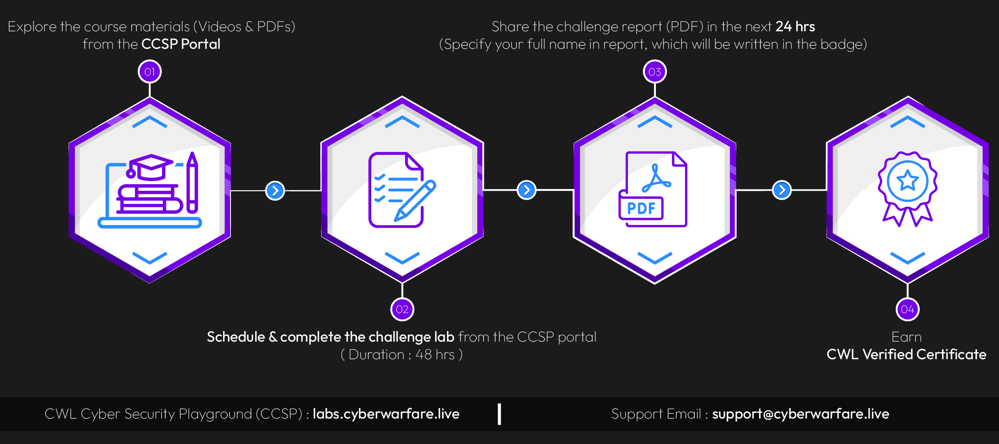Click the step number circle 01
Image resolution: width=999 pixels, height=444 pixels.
click(150, 72)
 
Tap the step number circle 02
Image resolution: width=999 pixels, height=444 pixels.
click(402, 309)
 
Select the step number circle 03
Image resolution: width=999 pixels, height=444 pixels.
click(655, 72)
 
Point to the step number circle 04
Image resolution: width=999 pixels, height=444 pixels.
click(908, 309)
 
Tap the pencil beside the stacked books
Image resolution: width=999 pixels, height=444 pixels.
click(192, 182)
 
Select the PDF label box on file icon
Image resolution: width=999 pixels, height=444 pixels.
click(641, 208)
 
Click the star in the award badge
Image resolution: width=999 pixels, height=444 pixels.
click(908, 181)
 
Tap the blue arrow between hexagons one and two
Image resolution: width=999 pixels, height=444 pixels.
click(275, 191)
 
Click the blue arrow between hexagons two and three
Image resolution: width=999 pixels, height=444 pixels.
click(527, 190)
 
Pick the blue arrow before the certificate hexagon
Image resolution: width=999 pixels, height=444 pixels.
click(782, 190)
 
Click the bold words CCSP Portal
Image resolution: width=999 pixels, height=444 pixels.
click(181, 44)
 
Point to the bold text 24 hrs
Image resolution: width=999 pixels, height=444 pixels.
click(795, 26)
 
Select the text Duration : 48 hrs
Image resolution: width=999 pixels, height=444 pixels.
click(402, 354)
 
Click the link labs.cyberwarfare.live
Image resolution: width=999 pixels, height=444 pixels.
click(386, 414)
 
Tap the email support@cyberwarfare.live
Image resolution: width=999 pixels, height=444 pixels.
click(800, 414)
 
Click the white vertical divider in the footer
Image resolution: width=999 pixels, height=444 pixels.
click(499, 414)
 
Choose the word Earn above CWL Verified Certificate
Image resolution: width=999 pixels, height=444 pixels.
click(906, 337)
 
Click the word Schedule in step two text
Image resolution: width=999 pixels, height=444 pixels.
click(236, 337)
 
